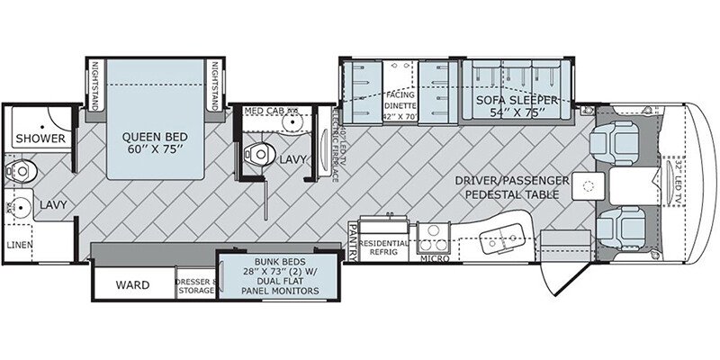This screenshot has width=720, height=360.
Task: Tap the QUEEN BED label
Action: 156,141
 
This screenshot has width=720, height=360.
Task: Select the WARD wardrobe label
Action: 131,285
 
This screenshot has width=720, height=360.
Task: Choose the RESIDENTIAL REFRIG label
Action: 385,247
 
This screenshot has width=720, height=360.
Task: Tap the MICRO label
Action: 434,258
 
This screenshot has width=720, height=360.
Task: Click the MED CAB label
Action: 266,112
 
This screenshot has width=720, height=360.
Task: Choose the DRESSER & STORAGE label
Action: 197,285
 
